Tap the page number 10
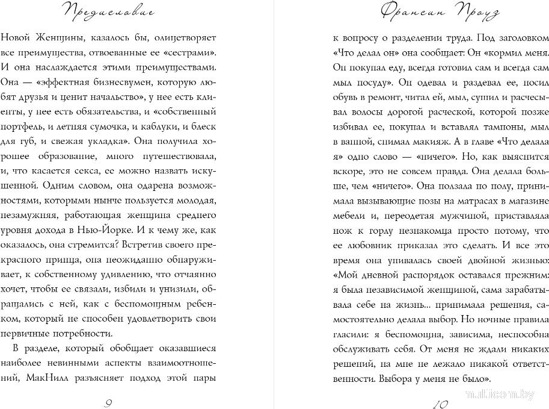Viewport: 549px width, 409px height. (440, 403)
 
